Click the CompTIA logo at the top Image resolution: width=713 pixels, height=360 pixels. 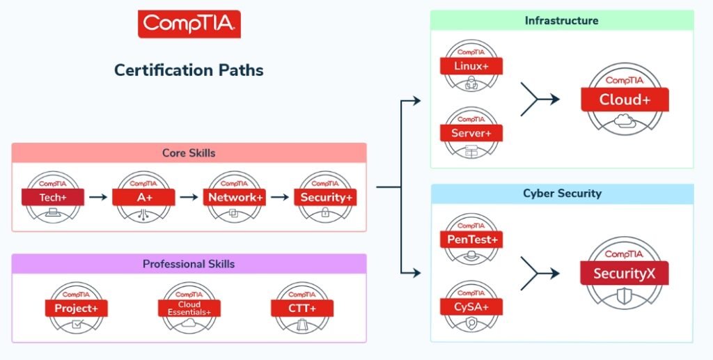[189, 24]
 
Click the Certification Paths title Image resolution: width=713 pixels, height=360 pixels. [189, 70]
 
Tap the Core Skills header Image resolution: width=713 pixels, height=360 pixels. [189, 153]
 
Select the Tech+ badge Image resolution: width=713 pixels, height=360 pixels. [52, 197]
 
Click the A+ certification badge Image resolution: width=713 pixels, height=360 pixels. [143, 197]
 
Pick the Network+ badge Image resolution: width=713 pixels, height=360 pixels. [235, 197]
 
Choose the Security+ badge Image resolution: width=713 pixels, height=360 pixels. [326, 197]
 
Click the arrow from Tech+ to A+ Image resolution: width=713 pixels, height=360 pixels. [98, 198]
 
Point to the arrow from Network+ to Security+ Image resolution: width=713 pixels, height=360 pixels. [280, 198]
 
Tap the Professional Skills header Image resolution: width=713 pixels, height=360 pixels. [189, 264]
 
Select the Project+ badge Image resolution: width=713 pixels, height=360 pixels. [76, 307]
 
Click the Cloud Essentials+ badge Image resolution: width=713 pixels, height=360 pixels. [189, 307]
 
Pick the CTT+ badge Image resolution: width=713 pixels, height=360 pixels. [302, 307]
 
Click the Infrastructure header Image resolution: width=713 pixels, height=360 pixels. [561, 21]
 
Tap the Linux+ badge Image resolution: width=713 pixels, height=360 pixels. [471, 67]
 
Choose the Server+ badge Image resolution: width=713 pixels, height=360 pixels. [471, 132]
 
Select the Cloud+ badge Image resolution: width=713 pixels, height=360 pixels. [624, 100]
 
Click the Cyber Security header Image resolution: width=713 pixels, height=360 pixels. [561, 194]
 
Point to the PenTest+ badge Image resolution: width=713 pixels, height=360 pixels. [471, 240]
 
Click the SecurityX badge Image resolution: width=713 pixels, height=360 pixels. [624, 273]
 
